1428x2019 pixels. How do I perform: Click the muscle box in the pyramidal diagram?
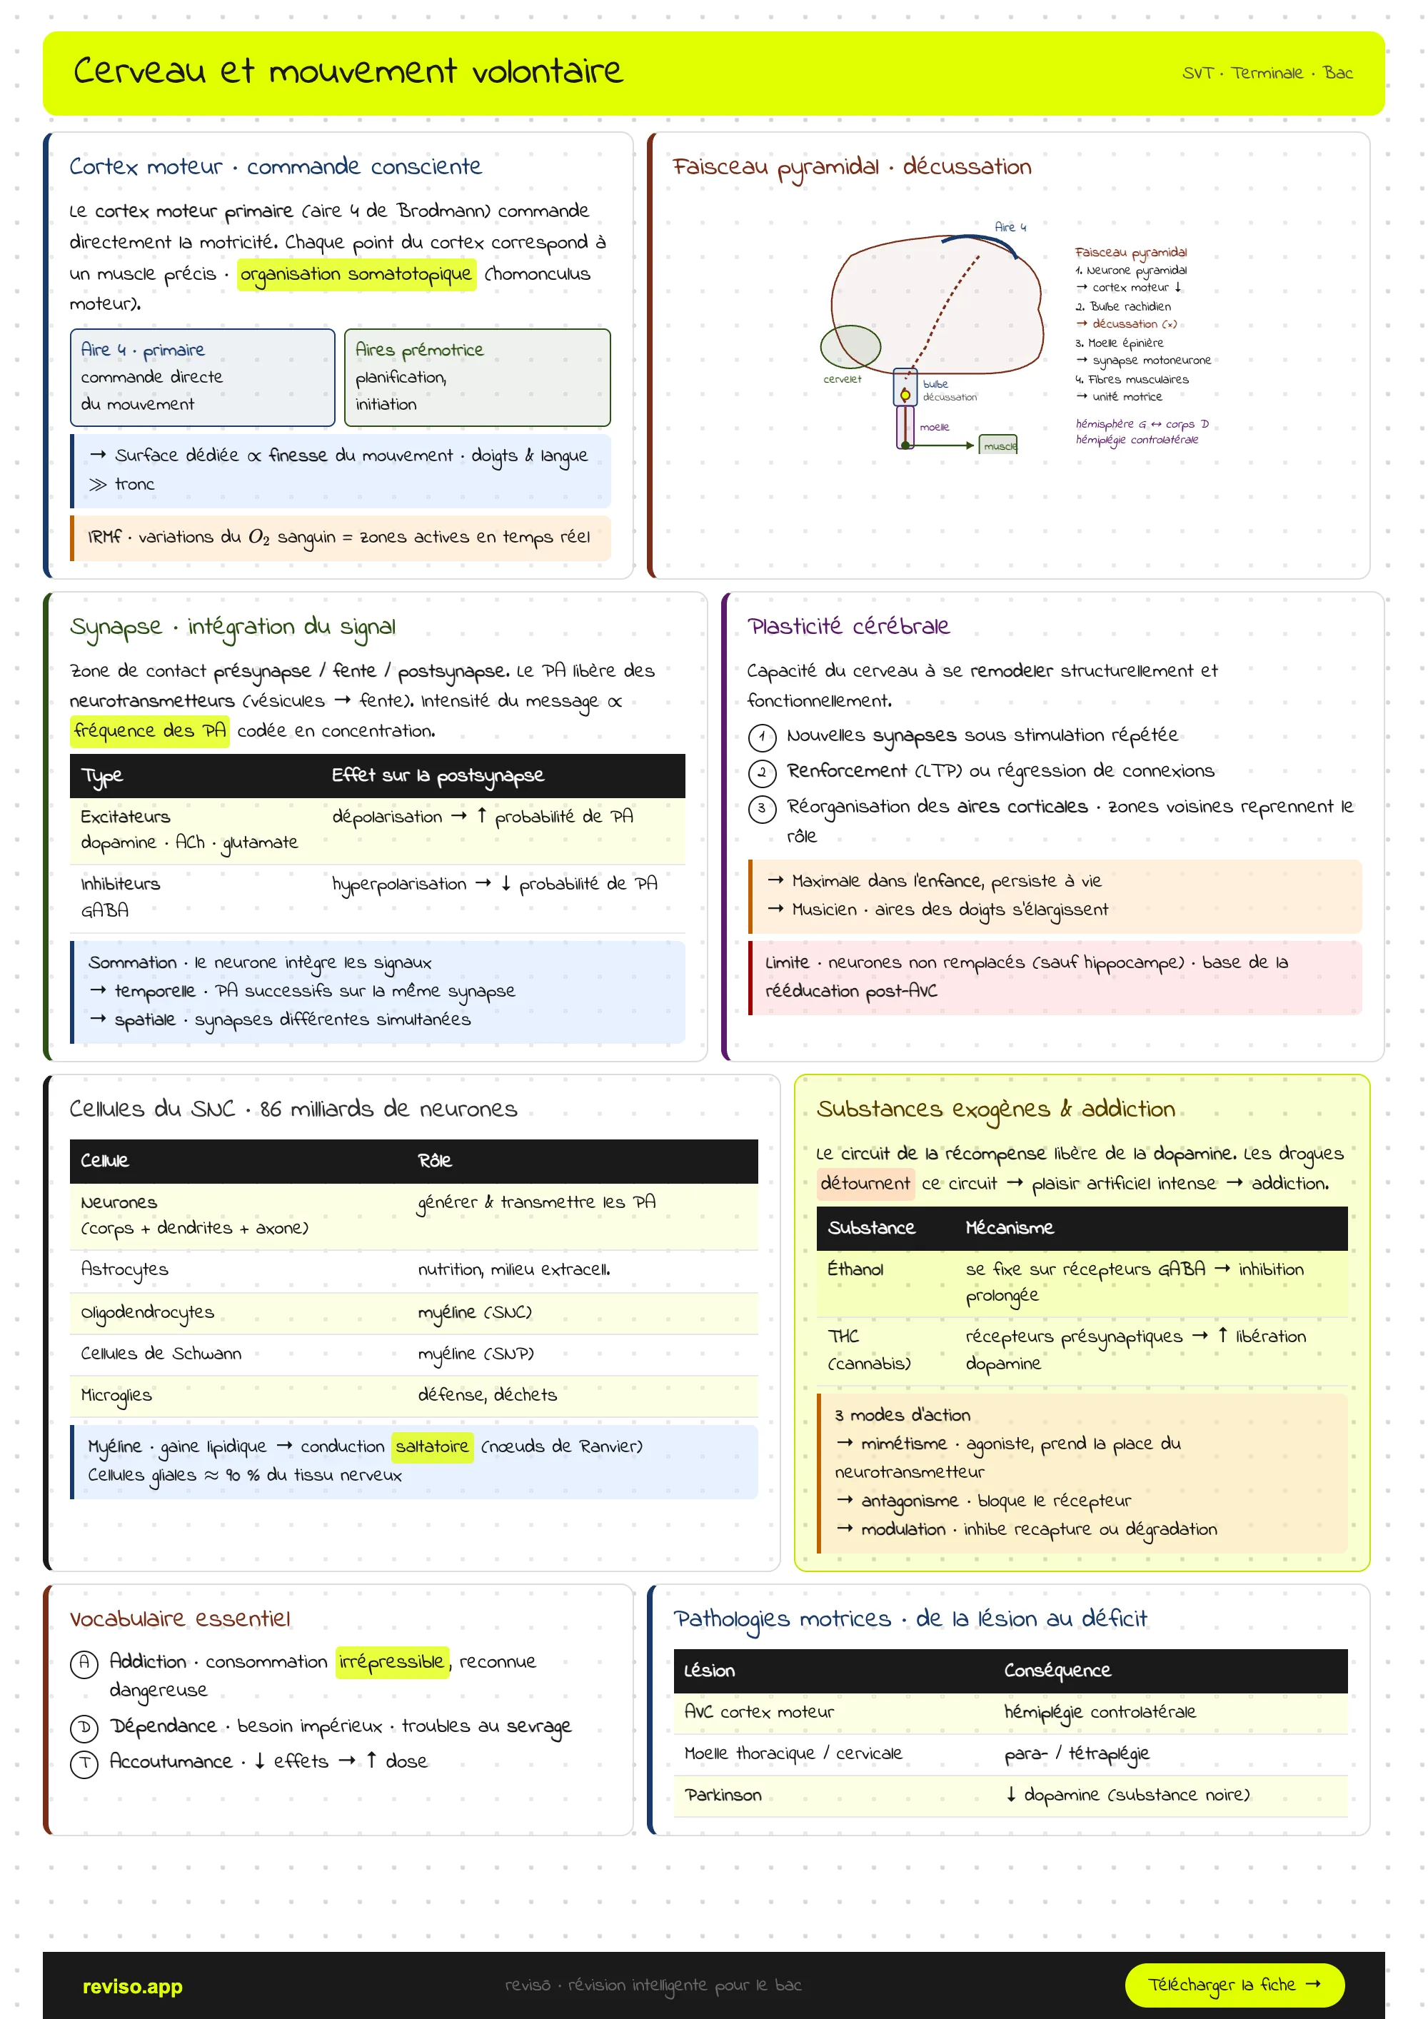[998, 445]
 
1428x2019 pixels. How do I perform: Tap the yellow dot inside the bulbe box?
[905, 395]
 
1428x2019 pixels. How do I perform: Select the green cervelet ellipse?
[850, 346]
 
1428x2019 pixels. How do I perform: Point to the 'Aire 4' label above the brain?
[1010, 227]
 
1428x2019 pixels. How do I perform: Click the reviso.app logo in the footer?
[132, 1986]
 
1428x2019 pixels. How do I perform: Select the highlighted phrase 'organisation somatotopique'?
[356, 274]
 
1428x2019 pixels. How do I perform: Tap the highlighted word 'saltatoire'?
[432, 1446]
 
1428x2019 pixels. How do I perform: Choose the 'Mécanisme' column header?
[1010, 1227]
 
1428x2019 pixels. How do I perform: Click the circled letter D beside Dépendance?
[84, 1728]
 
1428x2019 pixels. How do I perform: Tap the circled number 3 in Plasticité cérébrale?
[762, 808]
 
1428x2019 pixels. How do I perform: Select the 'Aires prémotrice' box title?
[419, 350]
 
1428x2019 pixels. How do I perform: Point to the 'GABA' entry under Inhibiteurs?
[105, 910]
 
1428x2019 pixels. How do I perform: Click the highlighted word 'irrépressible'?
[392, 1662]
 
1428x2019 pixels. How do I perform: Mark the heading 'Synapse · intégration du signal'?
[233, 627]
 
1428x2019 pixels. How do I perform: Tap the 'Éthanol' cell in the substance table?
[855, 1269]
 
